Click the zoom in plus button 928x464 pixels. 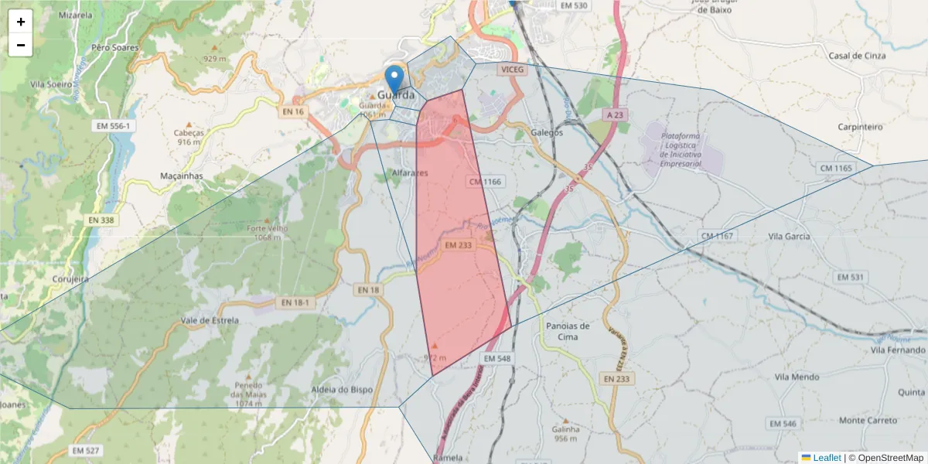point(21,22)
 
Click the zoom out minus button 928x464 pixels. point(21,45)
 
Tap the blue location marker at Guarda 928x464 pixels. point(394,80)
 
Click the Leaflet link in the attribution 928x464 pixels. point(826,458)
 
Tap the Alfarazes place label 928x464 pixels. point(410,173)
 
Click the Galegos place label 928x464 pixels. point(547,132)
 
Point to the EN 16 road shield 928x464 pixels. point(293,112)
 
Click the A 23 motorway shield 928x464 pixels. point(615,114)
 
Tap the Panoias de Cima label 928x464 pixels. point(568,331)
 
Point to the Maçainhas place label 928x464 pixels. point(181,176)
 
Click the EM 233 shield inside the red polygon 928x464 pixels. point(459,245)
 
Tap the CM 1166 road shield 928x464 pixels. point(485,182)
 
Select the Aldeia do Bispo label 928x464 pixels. point(341,390)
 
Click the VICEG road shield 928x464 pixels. point(512,70)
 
